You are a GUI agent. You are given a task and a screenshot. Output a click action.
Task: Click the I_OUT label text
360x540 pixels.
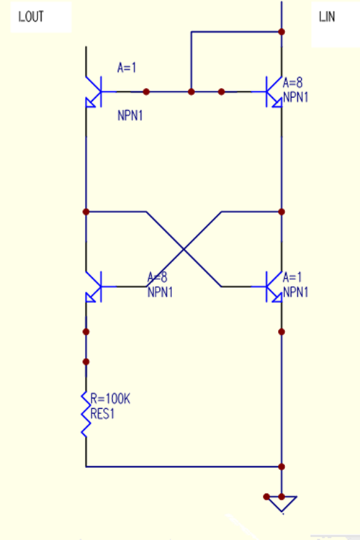31,17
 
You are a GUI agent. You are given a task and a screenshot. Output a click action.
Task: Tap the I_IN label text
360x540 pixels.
327,17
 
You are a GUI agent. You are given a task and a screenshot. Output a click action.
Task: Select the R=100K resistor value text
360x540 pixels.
110,399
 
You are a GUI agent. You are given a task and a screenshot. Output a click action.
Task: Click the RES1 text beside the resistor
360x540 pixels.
102,413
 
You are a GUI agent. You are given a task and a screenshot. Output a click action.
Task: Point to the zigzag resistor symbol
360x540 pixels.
86,414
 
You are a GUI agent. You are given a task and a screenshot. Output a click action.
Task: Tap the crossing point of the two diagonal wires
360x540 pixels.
184,249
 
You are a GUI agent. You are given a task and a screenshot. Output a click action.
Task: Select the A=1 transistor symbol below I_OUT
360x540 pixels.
94,92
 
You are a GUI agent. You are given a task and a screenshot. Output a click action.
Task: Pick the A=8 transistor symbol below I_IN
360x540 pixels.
274,92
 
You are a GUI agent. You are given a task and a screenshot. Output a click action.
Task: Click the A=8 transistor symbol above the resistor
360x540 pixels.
94,287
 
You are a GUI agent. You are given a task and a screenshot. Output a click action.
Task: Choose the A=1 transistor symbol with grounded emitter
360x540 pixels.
274,287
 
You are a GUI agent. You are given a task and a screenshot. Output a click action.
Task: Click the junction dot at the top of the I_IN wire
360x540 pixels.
282,32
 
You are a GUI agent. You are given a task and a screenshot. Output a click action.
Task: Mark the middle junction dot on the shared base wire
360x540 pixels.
192,91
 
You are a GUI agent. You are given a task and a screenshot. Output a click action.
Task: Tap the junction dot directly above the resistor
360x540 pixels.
86,361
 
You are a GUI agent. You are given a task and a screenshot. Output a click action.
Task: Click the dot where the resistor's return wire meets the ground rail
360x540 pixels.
282,467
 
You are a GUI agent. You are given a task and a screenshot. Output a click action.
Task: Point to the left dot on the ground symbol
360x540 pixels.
266,497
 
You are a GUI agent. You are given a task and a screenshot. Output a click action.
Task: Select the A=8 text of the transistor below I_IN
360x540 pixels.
293,83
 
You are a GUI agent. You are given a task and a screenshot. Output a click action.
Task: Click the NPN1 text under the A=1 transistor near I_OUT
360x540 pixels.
130,116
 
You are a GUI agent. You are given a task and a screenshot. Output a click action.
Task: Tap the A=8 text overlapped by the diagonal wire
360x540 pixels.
158,277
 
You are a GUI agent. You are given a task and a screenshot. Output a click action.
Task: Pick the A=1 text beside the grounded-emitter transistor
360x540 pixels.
292,277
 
